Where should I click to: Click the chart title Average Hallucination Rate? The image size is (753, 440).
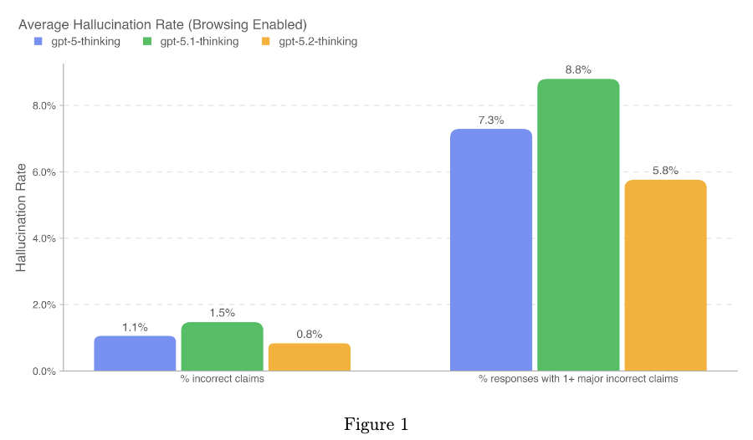(162, 23)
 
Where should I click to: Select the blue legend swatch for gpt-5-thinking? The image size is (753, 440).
(38, 41)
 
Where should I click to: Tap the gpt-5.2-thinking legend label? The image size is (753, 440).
(318, 41)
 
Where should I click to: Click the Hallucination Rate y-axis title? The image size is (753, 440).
(22, 217)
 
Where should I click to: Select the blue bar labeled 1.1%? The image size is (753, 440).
(135, 353)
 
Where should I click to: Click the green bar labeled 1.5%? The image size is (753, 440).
(222, 346)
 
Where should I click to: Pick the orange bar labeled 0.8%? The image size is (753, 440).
(309, 357)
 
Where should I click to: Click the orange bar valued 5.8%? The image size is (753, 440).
(665, 275)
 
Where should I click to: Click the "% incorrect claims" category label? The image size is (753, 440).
(222, 380)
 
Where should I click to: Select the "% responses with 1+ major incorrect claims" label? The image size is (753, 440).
(578, 380)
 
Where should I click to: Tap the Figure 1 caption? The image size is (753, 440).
(376, 424)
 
